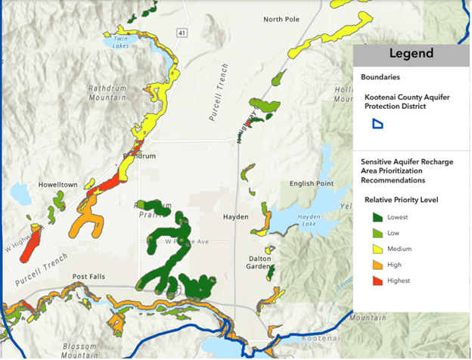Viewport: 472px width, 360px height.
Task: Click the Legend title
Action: (411, 54)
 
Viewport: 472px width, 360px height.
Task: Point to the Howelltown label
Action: (33, 184)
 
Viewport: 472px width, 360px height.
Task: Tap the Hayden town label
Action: (235, 216)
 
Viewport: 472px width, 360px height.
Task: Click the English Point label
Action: (311, 184)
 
